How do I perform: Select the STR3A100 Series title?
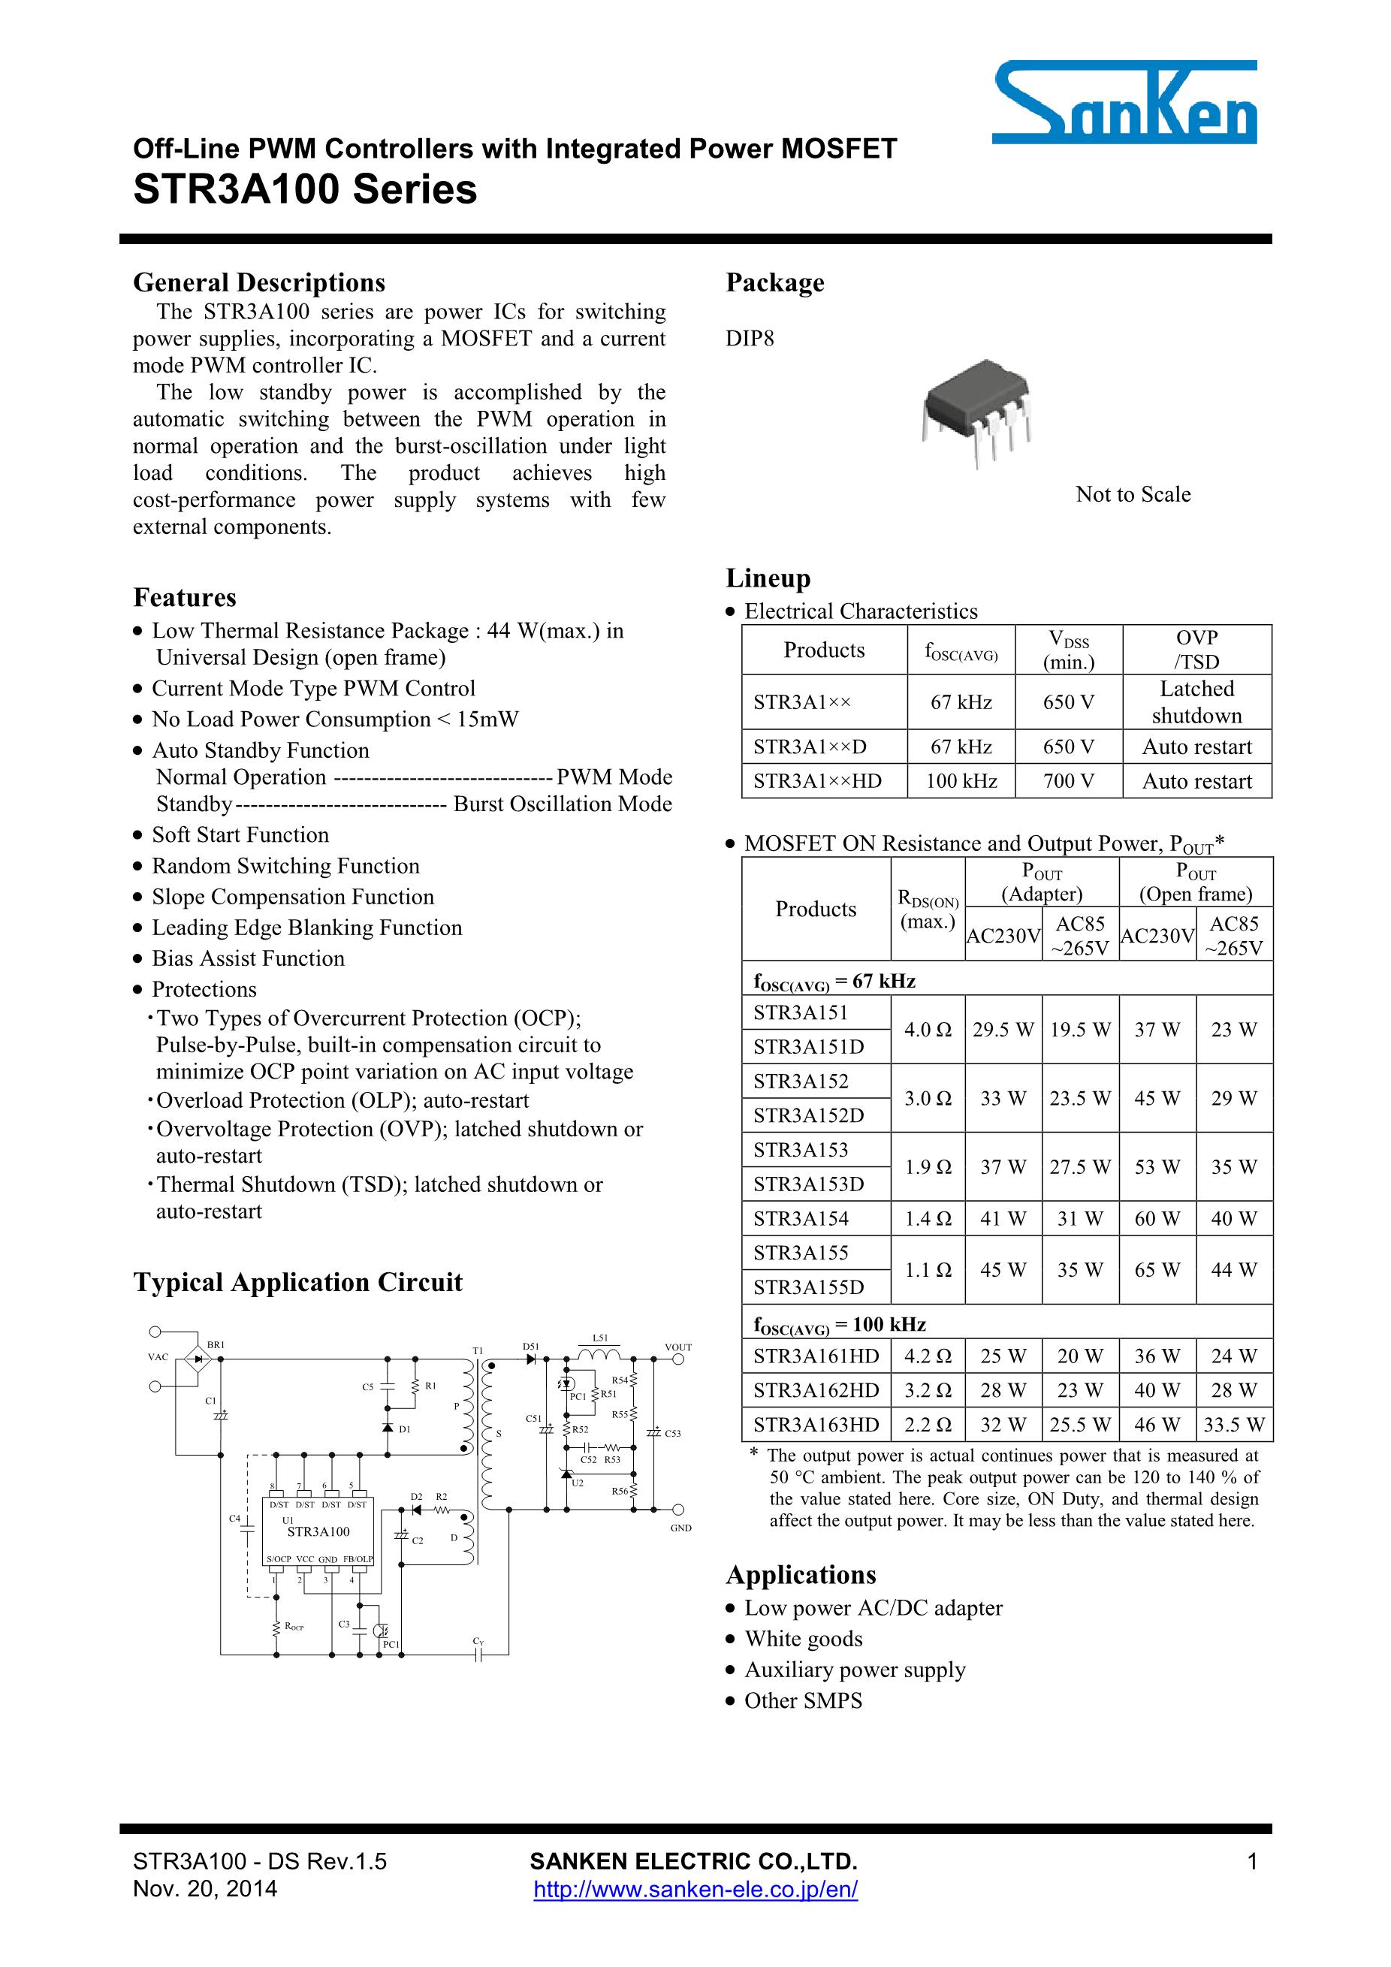[305, 190]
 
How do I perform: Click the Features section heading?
[184, 597]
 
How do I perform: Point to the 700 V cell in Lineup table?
[1068, 781]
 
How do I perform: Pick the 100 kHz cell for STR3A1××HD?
[961, 781]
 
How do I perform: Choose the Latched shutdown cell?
[1196, 701]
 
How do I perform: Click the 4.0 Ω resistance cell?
[927, 1030]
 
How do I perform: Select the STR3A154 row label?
[801, 1218]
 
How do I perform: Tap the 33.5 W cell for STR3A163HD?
[1233, 1425]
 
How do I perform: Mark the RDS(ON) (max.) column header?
[928, 909]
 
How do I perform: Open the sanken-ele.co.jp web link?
[695, 1889]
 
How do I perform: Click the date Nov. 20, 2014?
[205, 1889]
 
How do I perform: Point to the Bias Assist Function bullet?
[248, 958]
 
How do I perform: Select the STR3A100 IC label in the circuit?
[318, 1531]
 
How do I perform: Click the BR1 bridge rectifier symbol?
[199, 1358]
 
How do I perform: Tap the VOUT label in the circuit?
[677, 1347]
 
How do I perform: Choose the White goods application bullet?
[803, 1639]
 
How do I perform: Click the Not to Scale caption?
[1133, 494]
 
